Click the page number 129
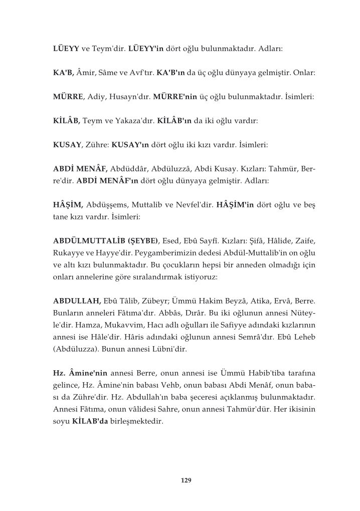point(186,480)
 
